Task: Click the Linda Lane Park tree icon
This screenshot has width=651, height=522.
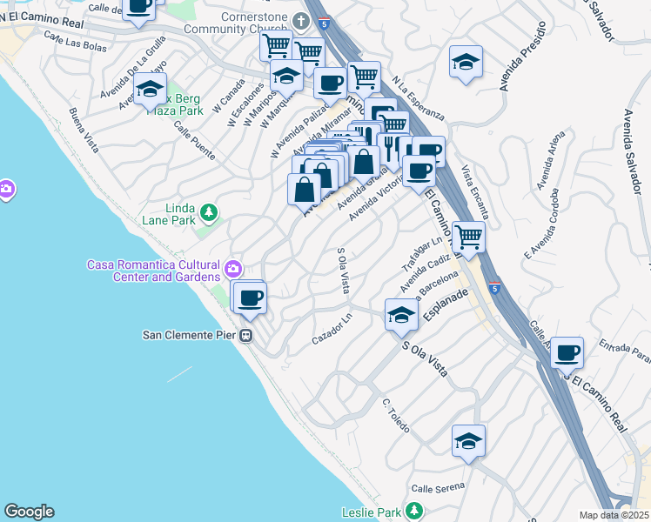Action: (208, 211)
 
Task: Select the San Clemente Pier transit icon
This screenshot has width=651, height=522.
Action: (247, 335)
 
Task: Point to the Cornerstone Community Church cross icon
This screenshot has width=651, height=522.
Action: (302, 20)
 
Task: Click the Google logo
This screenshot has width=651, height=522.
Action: (29, 512)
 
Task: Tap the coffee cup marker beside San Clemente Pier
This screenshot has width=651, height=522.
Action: (251, 299)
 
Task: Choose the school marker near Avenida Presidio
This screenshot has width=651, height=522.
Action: (466, 62)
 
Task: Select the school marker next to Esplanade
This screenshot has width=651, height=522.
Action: (401, 315)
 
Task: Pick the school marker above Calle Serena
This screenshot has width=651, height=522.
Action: (468, 441)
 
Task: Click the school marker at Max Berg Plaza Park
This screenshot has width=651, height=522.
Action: (150, 90)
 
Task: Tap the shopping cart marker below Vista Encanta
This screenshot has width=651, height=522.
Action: (468, 235)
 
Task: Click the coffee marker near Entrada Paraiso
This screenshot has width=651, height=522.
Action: (567, 353)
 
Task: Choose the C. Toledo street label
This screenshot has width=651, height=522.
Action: (396, 417)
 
